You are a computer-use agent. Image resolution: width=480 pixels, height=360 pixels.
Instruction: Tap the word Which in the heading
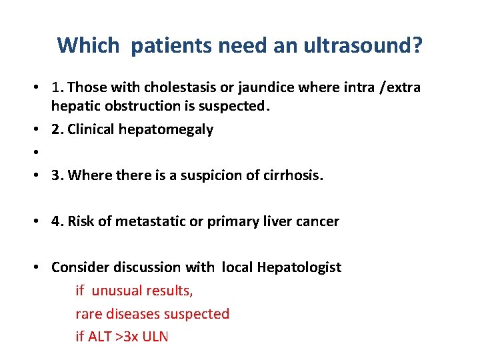click(88, 46)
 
